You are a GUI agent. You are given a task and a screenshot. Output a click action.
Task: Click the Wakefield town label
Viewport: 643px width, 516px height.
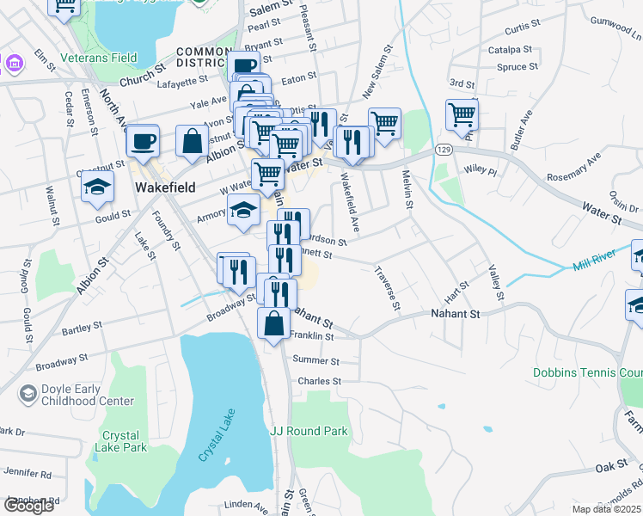click(165, 187)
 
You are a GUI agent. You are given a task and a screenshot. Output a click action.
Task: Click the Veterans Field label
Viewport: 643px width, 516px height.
click(99, 58)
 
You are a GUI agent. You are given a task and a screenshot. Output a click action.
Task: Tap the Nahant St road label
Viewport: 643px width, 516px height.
click(455, 314)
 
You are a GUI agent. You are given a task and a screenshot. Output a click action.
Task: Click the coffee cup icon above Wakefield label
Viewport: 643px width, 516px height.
click(143, 140)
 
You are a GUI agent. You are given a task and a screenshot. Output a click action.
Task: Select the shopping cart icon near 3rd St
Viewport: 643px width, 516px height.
click(462, 114)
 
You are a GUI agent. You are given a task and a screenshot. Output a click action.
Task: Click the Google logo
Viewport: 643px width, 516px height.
click(29, 506)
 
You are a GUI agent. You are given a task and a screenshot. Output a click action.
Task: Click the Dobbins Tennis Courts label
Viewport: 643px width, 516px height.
click(588, 373)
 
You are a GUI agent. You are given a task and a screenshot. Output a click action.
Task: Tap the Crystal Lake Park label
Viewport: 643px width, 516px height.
click(124, 441)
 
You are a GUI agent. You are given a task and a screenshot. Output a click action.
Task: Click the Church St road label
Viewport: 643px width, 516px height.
click(143, 73)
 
